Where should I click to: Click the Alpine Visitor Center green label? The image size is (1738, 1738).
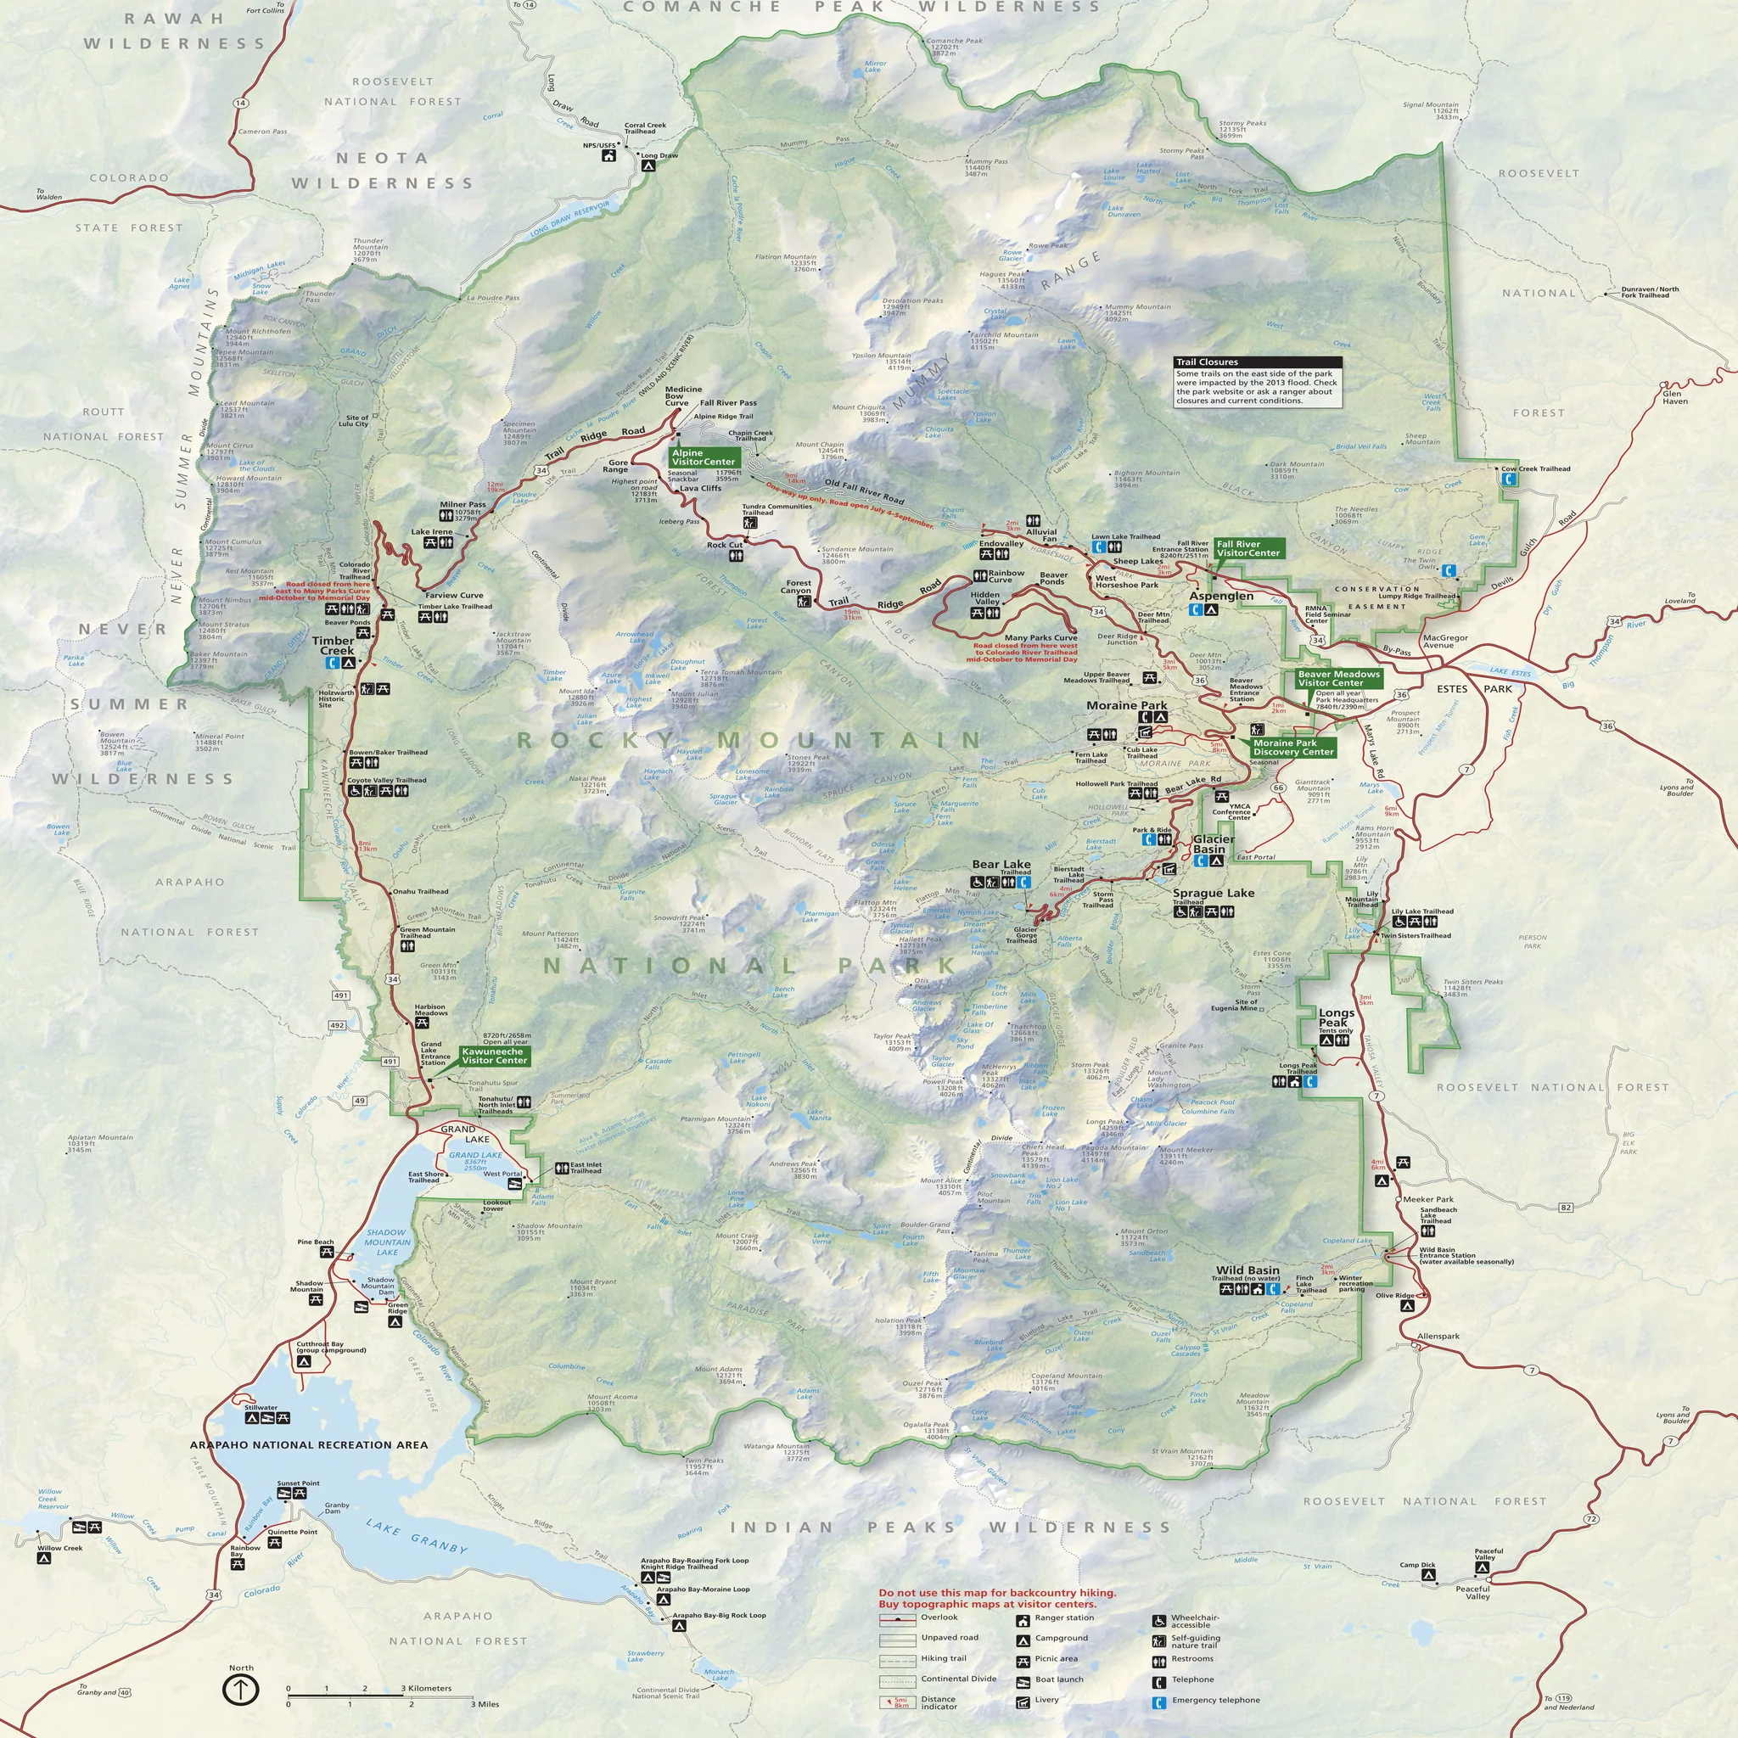click(703, 457)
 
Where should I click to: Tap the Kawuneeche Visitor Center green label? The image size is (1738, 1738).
click(494, 1055)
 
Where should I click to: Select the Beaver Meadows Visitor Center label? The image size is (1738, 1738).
click(1337, 678)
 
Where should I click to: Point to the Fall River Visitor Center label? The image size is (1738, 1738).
click(1247, 548)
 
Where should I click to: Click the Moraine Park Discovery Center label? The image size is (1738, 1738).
click(1292, 747)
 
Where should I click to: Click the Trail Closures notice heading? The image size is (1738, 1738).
click(1207, 362)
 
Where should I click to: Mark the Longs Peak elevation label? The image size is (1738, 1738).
click(1105, 1127)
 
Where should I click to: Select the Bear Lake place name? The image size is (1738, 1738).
click(1001, 865)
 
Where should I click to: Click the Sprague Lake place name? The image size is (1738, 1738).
click(1213, 894)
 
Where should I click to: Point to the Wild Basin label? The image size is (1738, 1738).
click(1247, 1270)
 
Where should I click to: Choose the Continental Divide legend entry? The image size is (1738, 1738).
click(958, 1679)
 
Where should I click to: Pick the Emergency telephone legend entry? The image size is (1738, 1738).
click(1215, 1700)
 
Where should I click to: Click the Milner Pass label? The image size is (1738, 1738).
click(463, 505)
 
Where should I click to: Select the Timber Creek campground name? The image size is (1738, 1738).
click(333, 645)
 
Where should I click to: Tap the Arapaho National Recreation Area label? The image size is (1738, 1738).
click(309, 1444)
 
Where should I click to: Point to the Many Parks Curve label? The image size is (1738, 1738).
click(1040, 638)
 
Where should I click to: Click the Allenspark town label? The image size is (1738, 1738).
click(1438, 1336)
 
